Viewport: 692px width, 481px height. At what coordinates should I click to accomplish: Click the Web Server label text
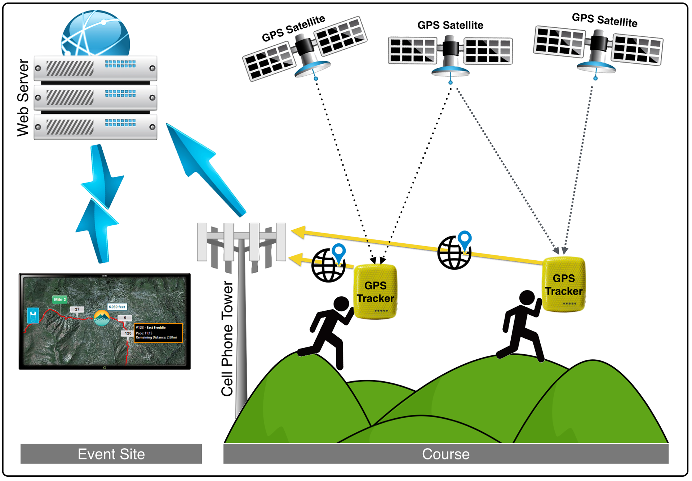[23, 98]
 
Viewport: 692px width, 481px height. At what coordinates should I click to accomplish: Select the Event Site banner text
[111, 454]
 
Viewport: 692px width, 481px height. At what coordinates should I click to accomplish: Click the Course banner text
[445, 454]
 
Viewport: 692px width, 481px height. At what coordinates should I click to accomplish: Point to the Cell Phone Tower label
[227, 338]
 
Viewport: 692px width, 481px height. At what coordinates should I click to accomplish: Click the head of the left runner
[341, 304]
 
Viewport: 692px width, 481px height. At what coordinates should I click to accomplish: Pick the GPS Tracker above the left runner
[375, 292]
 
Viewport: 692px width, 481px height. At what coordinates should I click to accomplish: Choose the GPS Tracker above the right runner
[564, 284]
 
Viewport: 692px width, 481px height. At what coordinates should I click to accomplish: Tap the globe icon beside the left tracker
[328, 265]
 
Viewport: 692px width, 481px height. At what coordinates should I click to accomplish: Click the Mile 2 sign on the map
[60, 300]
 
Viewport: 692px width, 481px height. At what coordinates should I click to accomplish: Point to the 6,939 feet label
[117, 307]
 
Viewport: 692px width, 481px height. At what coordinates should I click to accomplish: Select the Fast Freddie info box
[158, 333]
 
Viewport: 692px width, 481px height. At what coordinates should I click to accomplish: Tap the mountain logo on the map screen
[102, 318]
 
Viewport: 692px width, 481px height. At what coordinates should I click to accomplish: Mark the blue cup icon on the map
[33, 315]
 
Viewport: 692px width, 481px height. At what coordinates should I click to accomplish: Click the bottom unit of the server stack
[96, 127]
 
